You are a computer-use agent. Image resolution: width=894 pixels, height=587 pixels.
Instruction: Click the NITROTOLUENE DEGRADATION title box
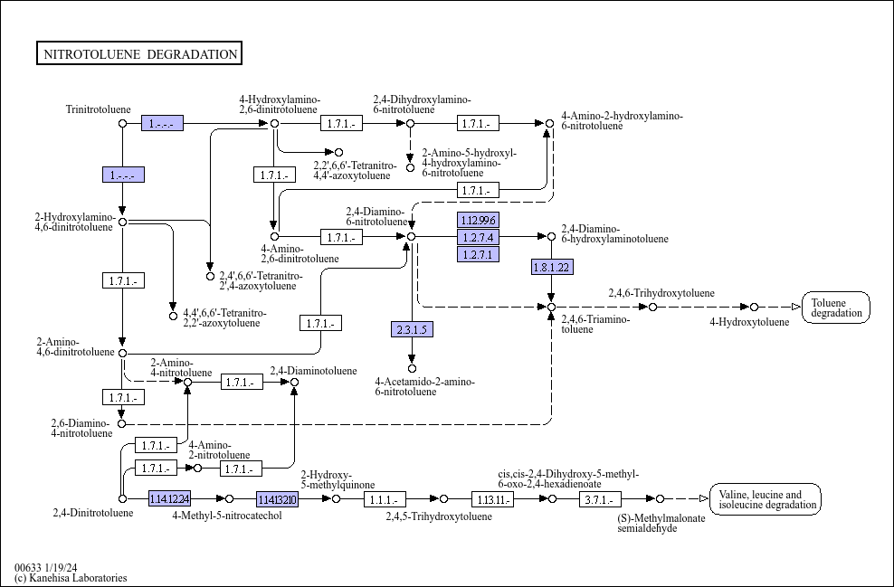click(139, 54)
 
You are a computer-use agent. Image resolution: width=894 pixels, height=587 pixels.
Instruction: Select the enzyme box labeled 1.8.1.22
click(552, 267)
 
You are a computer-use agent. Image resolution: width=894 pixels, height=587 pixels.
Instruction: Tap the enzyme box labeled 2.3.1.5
click(412, 329)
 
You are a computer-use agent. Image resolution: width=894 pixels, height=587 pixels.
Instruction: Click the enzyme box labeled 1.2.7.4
click(478, 237)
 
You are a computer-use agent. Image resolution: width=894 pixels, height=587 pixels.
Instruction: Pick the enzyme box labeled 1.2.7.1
click(478, 254)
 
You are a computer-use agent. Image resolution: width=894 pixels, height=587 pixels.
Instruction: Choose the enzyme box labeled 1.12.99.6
click(478, 221)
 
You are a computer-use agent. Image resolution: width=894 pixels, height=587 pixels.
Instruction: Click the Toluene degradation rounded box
click(836, 308)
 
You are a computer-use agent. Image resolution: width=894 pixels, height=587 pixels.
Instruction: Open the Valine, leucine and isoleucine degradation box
click(766, 499)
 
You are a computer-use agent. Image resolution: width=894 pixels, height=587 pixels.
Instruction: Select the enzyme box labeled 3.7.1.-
click(600, 499)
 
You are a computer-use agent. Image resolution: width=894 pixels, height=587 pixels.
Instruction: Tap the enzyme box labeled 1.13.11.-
click(492, 499)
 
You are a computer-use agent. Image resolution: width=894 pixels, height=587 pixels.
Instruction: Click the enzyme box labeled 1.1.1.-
click(385, 499)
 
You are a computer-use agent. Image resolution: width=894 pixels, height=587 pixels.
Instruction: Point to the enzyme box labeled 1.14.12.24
click(169, 498)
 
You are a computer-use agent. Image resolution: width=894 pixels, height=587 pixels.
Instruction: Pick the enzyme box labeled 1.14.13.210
click(277, 499)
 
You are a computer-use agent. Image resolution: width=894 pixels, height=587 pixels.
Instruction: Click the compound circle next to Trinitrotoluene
click(123, 123)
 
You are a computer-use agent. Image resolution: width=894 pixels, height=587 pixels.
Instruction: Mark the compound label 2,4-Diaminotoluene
click(312, 371)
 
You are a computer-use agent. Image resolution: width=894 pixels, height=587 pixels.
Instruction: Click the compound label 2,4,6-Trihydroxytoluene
click(661, 293)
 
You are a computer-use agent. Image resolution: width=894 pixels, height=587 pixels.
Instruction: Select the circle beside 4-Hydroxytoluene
click(754, 308)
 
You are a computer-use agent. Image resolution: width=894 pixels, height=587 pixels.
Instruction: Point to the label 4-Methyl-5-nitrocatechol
click(227, 516)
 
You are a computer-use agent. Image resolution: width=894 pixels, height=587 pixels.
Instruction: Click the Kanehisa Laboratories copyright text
click(71, 578)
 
